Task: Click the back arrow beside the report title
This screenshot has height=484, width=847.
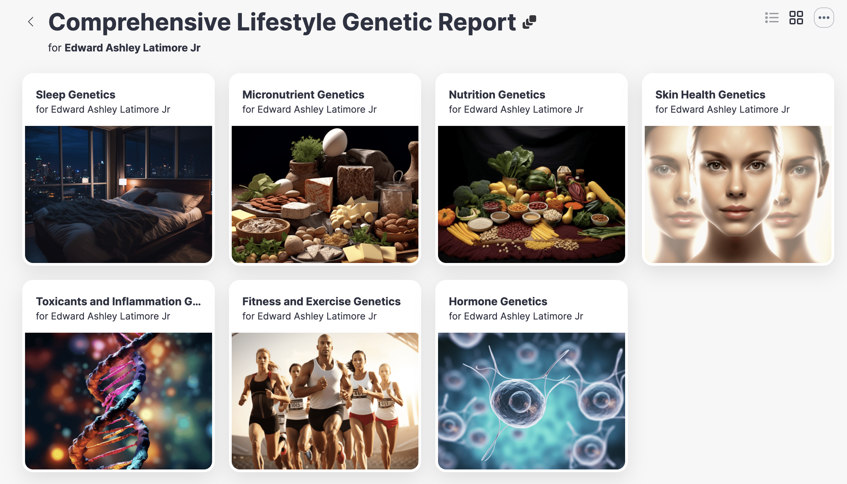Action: (31, 22)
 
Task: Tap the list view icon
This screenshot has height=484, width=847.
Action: (772, 18)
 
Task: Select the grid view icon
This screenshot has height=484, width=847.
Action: (796, 18)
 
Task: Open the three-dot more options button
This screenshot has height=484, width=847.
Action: (824, 18)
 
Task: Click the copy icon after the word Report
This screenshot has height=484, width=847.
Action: (529, 22)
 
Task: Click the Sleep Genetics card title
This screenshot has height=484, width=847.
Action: (75, 95)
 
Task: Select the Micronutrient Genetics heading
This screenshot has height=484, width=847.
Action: (303, 95)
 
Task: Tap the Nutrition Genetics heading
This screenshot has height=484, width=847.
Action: (497, 95)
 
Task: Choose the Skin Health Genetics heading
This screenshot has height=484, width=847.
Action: (710, 95)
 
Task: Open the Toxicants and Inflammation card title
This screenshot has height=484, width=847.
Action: (118, 302)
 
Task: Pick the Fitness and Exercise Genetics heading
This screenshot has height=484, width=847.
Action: (321, 302)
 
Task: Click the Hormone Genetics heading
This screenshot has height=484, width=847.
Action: (498, 302)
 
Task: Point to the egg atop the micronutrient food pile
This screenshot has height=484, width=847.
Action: (335, 141)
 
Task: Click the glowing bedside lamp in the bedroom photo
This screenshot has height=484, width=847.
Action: (123, 182)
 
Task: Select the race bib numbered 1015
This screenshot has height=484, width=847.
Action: (295, 405)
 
